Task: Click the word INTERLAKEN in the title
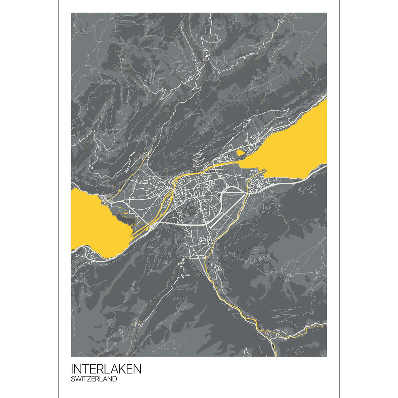click(x=106, y=369)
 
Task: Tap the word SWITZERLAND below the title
click(x=94, y=379)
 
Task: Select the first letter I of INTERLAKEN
click(x=72, y=369)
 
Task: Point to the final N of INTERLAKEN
click(x=137, y=369)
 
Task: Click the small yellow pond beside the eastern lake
click(x=240, y=153)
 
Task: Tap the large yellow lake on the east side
click(x=292, y=146)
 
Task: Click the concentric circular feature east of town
click(x=226, y=197)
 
